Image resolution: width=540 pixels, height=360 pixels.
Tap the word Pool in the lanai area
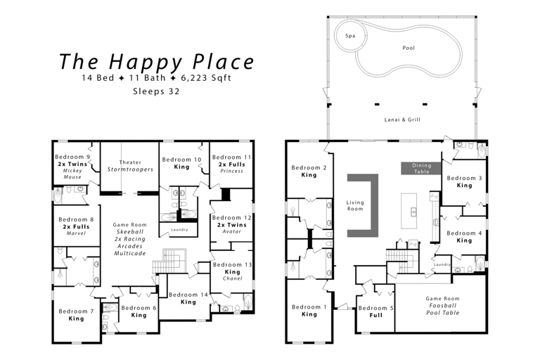pos(409,48)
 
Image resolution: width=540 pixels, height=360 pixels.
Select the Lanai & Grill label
pos(402,120)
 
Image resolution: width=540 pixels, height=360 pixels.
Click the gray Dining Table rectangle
pos(421,169)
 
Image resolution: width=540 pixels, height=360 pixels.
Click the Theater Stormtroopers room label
pos(130,166)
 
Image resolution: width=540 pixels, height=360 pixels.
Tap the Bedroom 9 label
pos(72,157)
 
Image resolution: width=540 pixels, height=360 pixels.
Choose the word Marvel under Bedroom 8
pos(76,233)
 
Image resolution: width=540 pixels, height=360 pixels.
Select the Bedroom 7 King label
pos(76,315)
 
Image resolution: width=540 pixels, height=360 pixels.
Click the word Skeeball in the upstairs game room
pos(130,232)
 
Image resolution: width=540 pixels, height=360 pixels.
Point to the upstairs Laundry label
pos(179,229)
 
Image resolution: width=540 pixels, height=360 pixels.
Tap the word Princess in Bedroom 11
pos(232,171)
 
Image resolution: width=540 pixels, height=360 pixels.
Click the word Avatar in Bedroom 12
pos(232,231)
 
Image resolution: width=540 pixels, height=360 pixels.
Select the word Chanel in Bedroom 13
pos(233,278)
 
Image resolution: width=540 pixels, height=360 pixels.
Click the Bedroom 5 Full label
pos(375,311)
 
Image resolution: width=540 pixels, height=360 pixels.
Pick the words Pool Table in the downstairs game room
pos(443,313)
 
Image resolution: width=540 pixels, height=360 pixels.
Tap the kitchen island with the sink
pos(409,211)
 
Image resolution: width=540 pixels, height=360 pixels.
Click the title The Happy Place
pos(157,62)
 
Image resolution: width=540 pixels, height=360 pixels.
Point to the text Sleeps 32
pos(156,91)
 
